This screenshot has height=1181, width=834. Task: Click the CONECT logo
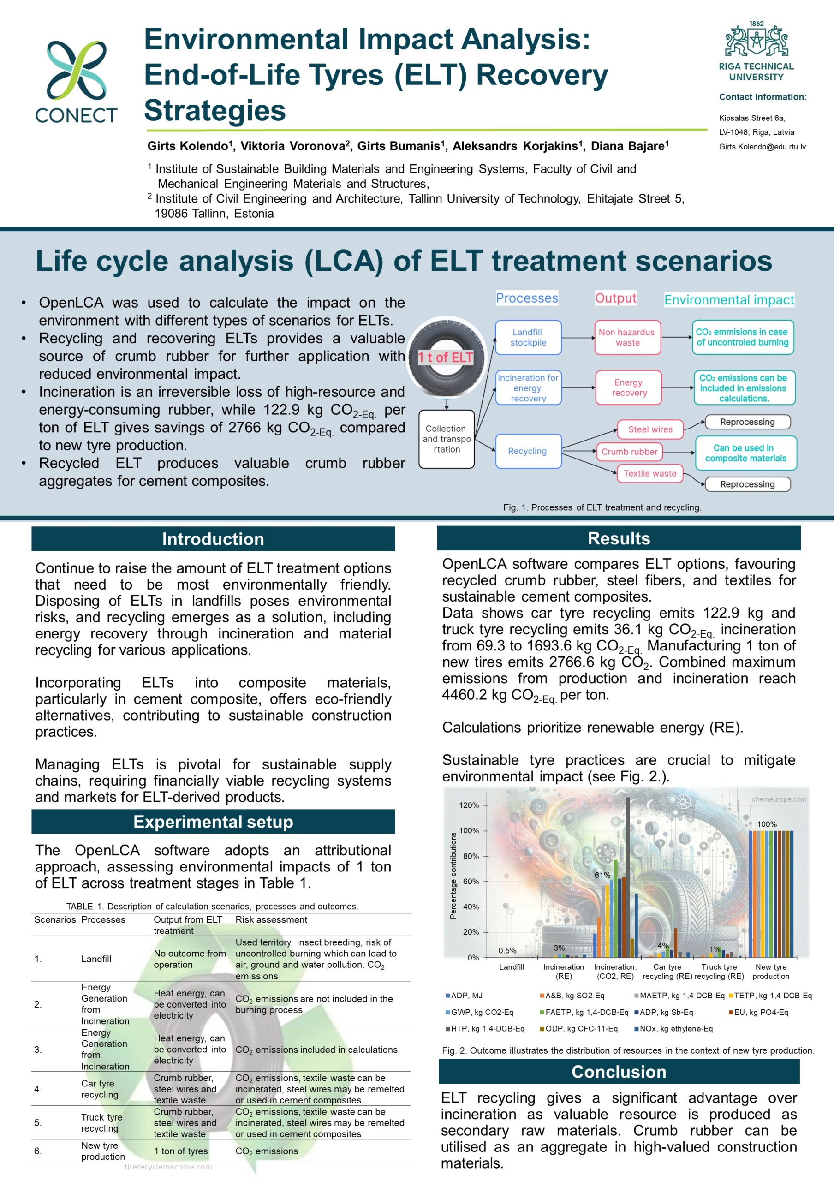(x=77, y=81)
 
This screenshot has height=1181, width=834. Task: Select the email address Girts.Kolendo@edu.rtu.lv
(x=762, y=147)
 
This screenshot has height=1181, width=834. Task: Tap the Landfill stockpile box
(x=528, y=337)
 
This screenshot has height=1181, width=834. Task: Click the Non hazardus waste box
(x=627, y=337)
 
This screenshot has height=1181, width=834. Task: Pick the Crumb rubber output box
(x=629, y=452)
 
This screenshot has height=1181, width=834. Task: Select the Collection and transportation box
(x=447, y=439)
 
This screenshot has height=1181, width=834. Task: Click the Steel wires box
(x=650, y=429)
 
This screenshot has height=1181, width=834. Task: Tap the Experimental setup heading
(x=213, y=822)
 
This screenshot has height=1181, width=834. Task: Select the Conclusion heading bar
(x=619, y=1072)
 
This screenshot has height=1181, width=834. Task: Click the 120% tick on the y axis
(x=469, y=805)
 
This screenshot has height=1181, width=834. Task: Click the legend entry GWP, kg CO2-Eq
(x=481, y=1012)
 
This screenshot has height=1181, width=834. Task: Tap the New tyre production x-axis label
(x=770, y=972)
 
